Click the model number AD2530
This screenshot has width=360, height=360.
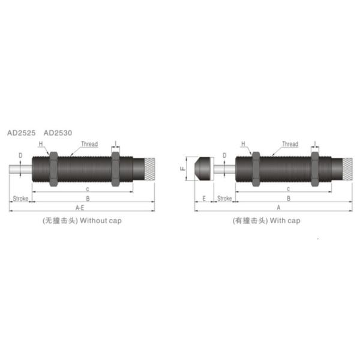(58, 133)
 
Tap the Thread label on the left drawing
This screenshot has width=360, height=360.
(89, 144)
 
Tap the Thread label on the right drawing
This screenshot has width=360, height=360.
(290, 144)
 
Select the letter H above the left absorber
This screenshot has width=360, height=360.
(41, 145)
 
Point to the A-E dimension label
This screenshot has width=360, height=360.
(79, 207)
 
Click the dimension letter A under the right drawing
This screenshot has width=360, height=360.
(278, 207)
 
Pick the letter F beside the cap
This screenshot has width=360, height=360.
(182, 169)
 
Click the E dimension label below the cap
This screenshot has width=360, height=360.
(204, 198)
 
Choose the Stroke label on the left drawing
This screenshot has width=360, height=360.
(20, 198)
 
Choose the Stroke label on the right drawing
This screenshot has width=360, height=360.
(224, 198)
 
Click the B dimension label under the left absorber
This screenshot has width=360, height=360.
(88, 198)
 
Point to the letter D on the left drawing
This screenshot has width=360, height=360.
(20, 156)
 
